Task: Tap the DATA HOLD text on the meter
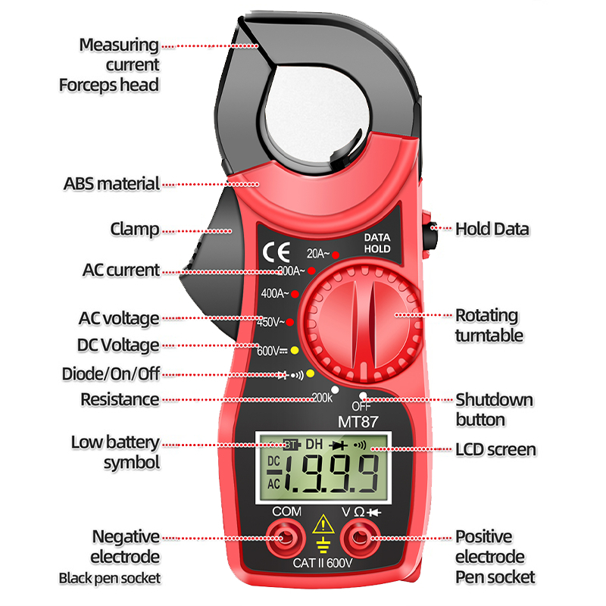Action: [x=376, y=243]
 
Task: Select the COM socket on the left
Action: [x=286, y=539]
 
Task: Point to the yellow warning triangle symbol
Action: [x=324, y=523]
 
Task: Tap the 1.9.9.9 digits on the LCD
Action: [x=334, y=474]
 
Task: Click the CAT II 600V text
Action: [x=324, y=564]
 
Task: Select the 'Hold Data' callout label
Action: [x=492, y=229]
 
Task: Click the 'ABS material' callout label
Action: [x=111, y=183]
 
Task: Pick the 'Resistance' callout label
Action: [x=120, y=399]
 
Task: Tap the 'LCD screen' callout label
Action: [x=495, y=450]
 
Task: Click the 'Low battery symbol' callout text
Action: [x=115, y=452]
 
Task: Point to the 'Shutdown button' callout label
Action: [x=494, y=409]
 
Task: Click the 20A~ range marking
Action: [x=318, y=254]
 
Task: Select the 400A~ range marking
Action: [x=273, y=293]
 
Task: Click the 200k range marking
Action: [x=323, y=397]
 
